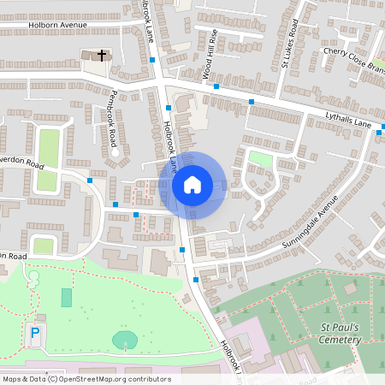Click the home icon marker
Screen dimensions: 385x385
coord(192,184)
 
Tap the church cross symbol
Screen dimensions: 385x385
coord(102,56)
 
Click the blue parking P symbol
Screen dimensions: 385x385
coord(35,332)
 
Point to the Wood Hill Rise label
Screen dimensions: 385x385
coord(210,54)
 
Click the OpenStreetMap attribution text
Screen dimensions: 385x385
coord(86,379)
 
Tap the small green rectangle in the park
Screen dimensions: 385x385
coord(67,298)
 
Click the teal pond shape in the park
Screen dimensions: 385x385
coord(125,339)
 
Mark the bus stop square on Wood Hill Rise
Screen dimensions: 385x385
coord(216,86)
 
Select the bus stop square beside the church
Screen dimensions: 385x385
coord(152,60)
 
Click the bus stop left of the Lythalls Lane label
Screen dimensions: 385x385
coord(252,102)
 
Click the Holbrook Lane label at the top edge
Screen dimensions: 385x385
coord(146,17)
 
